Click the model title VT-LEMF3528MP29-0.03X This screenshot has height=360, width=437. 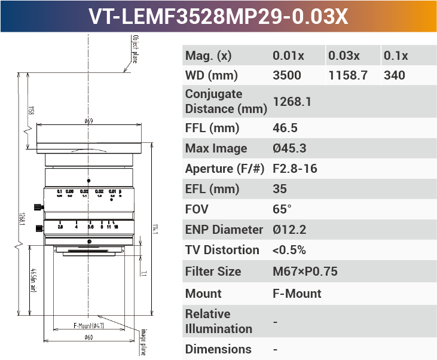click(x=218, y=16)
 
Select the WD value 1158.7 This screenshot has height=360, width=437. click(x=347, y=75)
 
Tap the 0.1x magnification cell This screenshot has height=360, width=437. click(x=396, y=56)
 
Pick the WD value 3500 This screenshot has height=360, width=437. click(x=287, y=75)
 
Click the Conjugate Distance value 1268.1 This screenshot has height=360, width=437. click(x=292, y=102)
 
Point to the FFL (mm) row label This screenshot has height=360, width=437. click(x=212, y=128)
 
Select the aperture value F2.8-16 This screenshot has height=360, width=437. click(x=295, y=169)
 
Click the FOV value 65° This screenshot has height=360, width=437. click(x=282, y=209)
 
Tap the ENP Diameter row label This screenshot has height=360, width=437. click(x=224, y=230)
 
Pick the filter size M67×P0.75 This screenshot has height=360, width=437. click(x=305, y=271)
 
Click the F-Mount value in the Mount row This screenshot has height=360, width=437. click(x=297, y=294)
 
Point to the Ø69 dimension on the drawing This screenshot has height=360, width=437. click(x=88, y=121)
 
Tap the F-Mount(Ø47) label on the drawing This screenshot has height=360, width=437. click(x=88, y=326)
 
